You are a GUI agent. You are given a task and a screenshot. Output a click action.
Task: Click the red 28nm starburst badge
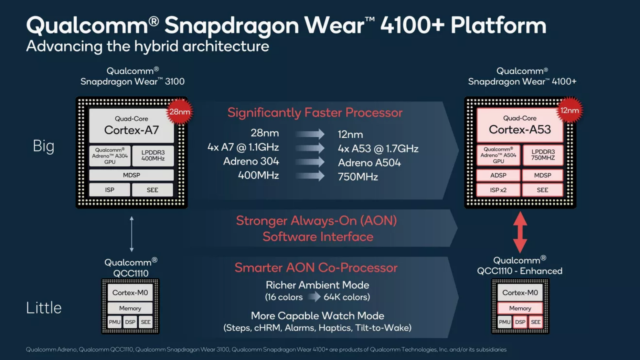click(180, 111)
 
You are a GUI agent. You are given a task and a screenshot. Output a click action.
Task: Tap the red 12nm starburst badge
click(570, 110)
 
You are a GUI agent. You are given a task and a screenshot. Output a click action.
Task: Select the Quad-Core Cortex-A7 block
click(131, 126)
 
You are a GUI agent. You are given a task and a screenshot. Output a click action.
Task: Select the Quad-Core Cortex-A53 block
click(519, 125)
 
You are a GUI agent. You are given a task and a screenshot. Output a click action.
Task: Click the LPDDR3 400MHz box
click(153, 155)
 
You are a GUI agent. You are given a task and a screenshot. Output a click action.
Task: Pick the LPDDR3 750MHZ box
click(543, 155)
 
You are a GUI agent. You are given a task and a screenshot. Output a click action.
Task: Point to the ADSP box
click(498, 175)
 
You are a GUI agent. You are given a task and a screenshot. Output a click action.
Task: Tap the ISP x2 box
click(498, 190)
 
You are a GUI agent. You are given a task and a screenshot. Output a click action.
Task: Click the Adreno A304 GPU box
click(110, 156)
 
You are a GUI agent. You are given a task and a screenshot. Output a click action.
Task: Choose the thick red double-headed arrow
click(520, 232)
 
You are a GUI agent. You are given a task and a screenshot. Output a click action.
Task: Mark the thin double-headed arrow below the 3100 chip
click(132, 234)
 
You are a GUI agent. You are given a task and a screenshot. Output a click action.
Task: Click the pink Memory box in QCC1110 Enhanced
click(520, 308)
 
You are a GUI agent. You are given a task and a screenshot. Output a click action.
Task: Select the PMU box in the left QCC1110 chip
click(114, 322)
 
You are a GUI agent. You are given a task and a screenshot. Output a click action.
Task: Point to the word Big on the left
click(44, 146)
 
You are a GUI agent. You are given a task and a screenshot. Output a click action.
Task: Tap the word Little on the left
click(44, 308)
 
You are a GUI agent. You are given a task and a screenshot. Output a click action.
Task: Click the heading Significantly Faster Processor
click(315, 112)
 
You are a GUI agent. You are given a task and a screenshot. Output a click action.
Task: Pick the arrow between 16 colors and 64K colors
click(314, 297)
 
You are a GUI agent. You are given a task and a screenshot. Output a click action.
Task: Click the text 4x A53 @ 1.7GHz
click(378, 149)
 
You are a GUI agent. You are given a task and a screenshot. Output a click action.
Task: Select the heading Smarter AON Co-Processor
click(316, 268)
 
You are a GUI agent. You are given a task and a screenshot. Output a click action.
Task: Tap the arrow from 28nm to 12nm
click(310, 134)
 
